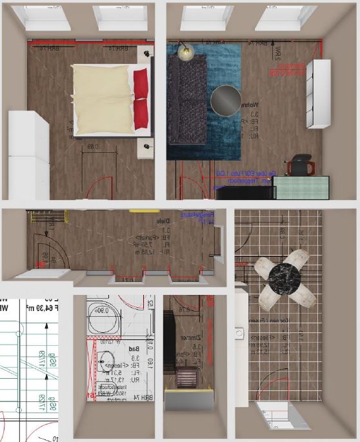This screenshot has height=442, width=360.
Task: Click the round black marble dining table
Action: click(x=285, y=277)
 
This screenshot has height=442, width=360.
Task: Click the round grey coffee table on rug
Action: click(x=226, y=99)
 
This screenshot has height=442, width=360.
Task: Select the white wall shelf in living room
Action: click(x=319, y=94)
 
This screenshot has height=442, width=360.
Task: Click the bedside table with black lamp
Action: click(x=148, y=54)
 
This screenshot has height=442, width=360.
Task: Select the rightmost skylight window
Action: click(x=285, y=17)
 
